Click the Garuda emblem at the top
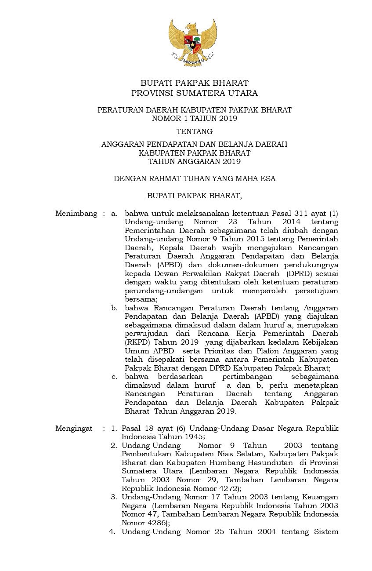[193, 43]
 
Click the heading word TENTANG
[194, 131]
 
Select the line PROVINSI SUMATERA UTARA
[194, 93]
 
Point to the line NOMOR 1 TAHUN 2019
[194, 118]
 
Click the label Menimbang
[76, 214]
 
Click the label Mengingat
[74, 428]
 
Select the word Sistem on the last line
[324, 532]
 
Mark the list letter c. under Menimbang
[114, 376]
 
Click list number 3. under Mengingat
[113, 497]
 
